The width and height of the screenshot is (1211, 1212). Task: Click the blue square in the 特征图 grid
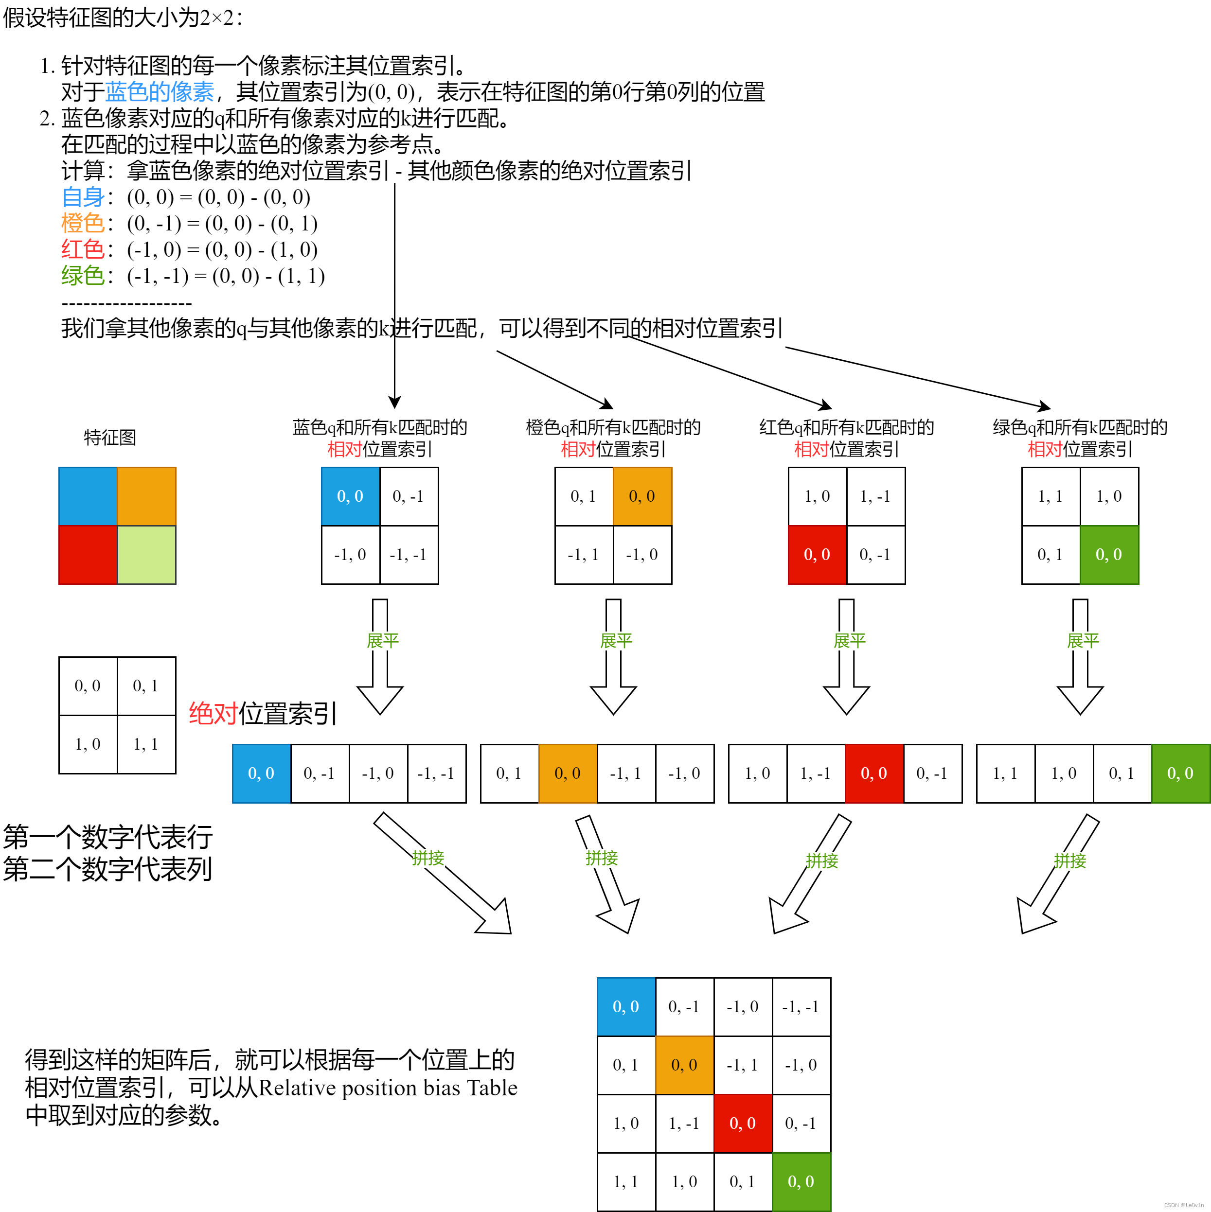pos(88,496)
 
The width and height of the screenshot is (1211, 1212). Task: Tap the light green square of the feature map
pos(147,555)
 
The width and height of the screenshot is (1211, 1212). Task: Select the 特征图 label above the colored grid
pos(110,437)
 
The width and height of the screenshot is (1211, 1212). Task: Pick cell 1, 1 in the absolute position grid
pos(146,744)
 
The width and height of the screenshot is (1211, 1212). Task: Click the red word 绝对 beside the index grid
pos(214,714)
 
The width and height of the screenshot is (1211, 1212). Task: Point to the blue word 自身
pos(83,197)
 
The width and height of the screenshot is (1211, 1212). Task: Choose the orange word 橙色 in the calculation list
pos(83,223)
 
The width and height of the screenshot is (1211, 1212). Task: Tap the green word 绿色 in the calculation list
pos(83,276)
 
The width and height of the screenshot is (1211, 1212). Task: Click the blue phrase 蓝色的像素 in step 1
pos(160,92)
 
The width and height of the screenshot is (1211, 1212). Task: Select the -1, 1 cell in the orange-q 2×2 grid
pos(584,555)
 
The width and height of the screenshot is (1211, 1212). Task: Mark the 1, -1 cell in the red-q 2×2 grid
pos(875,496)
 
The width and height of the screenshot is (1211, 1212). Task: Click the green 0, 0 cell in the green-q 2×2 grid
pos(1109,555)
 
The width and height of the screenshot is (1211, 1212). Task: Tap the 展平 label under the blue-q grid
pos(383,640)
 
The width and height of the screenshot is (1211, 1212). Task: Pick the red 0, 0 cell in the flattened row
pos(874,773)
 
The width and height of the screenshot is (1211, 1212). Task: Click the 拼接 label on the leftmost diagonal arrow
pos(428,858)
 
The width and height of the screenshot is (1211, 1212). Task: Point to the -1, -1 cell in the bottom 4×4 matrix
pos(801,1007)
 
